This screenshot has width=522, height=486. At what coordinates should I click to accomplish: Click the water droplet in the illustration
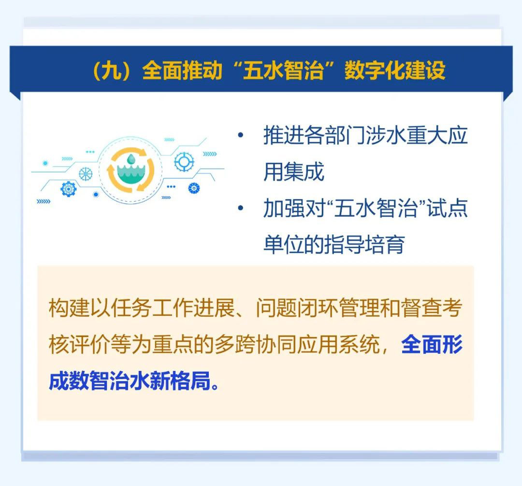pos(131,159)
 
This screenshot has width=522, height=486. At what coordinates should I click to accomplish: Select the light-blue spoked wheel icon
pos(86,174)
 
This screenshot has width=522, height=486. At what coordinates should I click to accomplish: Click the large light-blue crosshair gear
pos(184,162)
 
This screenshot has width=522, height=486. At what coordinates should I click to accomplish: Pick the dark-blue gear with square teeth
pos(69,189)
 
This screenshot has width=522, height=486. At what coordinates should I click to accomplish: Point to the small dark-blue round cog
pos(194,189)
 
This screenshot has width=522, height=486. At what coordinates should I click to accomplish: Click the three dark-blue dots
pos(171,187)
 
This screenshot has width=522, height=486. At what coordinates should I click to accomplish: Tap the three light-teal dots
pos(90,151)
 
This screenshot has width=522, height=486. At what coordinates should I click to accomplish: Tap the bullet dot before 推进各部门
pos(240,135)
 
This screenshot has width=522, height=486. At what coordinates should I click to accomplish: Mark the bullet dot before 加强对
pos(240,208)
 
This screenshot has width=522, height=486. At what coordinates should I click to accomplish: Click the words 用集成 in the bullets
pos(294,172)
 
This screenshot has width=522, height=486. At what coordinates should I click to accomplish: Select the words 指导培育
pos(364,245)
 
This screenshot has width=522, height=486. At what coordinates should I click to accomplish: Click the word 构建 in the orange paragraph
pos(69,308)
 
